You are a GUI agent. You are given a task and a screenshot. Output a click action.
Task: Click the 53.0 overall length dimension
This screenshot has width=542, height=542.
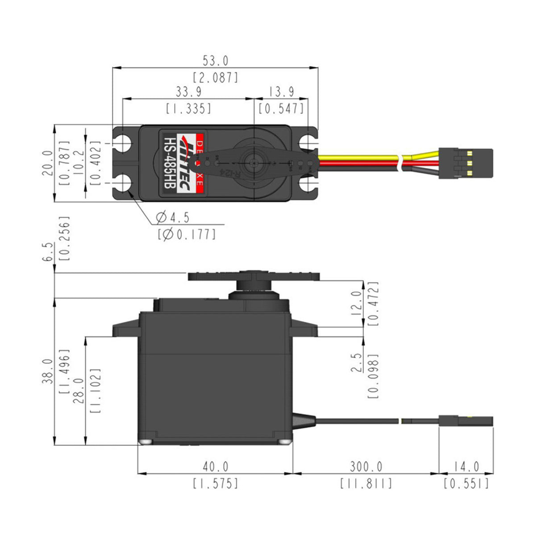pyautogui.click(x=215, y=61)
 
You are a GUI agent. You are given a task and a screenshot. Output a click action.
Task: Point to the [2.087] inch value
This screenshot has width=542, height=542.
pyautogui.click(x=215, y=77)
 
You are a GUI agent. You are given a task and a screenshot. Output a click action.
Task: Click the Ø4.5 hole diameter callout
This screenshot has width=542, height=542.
pyautogui.click(x=173, y=218)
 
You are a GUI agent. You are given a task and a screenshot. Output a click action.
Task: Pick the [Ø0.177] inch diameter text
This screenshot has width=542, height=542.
pyautogui.click(x=187, y=234)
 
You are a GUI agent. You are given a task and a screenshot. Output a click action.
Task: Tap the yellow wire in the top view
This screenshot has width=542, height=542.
pyautogui.click(x=357, y=158)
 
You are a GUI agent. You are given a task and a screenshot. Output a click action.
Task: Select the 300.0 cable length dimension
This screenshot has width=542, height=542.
pyautogui.click(x=366, y=467)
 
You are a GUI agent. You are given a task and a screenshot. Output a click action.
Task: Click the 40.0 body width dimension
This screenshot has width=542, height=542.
pyautogui.click(x=215, y=467)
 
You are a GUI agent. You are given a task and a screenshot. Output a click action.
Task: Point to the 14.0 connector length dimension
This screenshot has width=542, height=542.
pyautogui.click(x=466, y=467)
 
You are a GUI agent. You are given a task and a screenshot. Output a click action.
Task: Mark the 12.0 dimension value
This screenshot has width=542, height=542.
pyautogui.click(x=356, y=304)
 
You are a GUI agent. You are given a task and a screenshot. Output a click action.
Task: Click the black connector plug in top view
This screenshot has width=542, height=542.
pyautogui.click(x=466, y=163)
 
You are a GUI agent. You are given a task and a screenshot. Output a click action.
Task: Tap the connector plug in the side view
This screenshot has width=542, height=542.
pyautogui.click(x=466, y=421)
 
